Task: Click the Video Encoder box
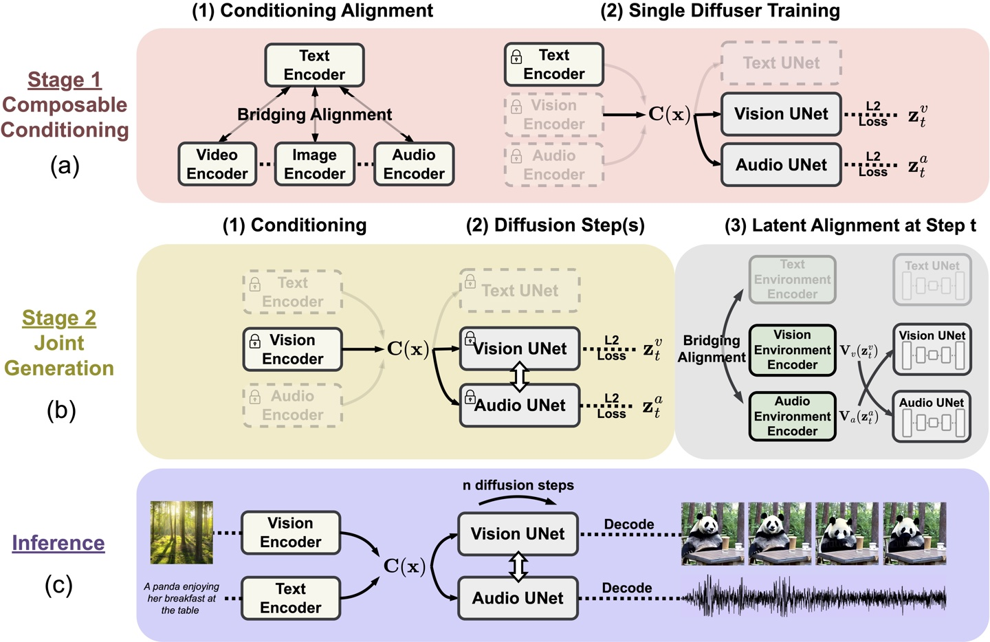click(x=217, y=164)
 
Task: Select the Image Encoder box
click(x=314, y=164)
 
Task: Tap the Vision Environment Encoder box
click(x=792, y=350)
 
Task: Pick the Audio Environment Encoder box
click(x=792, y=416)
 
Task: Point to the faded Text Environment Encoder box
click(x=792, y=279)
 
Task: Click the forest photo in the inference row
click(x=181, y=532)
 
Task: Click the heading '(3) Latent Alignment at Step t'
click(x=850, y=225)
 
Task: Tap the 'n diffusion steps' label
click(x=518, y=485)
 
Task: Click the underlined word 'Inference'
click(x=58, y=543)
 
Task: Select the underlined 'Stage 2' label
click(x=59, y=318)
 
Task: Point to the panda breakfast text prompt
click(x=181, y=598)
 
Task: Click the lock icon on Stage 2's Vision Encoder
click(x=255, y=341)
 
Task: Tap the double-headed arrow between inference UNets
click(x=518, y=566)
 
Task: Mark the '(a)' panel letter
click(x=65, y=166)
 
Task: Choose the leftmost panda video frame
click(x=712, y=533)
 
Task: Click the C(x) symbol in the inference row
click(x=404, y=566)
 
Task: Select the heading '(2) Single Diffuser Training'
click(x=720, y=11)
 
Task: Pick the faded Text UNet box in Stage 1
click(x=780, y=63)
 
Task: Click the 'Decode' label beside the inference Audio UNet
click(x=626, y=588)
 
